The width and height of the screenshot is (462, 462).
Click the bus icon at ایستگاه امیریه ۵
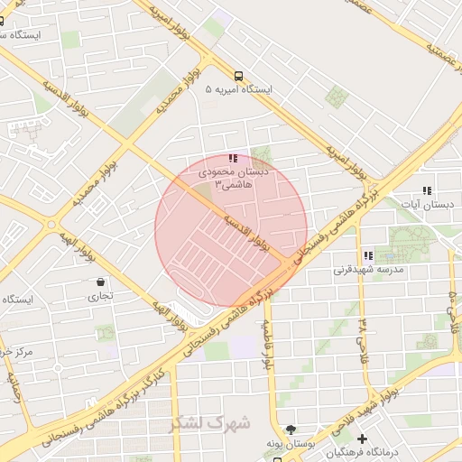pos(238,76)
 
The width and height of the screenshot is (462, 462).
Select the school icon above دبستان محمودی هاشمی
pos(234,158)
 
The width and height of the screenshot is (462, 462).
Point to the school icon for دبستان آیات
pos(427,191)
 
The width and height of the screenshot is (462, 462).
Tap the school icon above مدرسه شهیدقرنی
pos(367,255)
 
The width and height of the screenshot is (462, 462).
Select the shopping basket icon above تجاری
pos(99,282)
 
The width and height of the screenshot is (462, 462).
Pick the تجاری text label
pos(99,295)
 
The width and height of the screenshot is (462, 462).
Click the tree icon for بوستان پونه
pos(290,430)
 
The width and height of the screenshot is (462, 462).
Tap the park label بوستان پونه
pos(290,444)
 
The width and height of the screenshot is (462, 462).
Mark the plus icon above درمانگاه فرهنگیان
pos(362,439)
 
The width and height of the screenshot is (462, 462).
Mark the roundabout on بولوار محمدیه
pos(51,224)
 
